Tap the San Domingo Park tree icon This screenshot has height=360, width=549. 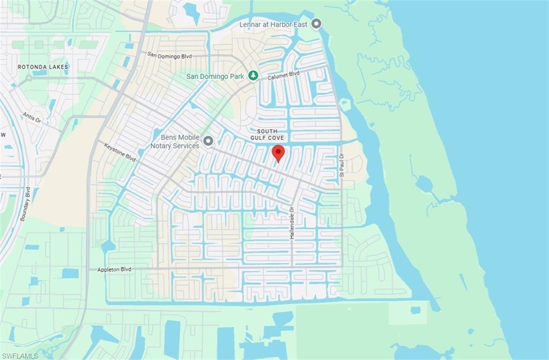tap(254, 76)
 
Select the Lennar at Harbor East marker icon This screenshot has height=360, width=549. tap(317, 24)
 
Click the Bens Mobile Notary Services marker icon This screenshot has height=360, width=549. tap(208, 141)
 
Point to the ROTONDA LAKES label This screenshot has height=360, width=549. tap(43, 67)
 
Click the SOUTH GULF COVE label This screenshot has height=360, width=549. tap(267, 135)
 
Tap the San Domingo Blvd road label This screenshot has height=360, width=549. tap(169, 55)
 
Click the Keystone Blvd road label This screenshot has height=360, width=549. tap(120, 152)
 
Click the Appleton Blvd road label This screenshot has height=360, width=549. tap(114, 269)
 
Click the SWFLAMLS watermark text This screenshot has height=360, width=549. tap(19, 355)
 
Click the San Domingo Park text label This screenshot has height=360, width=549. tap(215, 76)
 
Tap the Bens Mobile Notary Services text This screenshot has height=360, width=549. tap(175, 141)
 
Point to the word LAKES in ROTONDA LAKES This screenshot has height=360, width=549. tap(57, 67)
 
